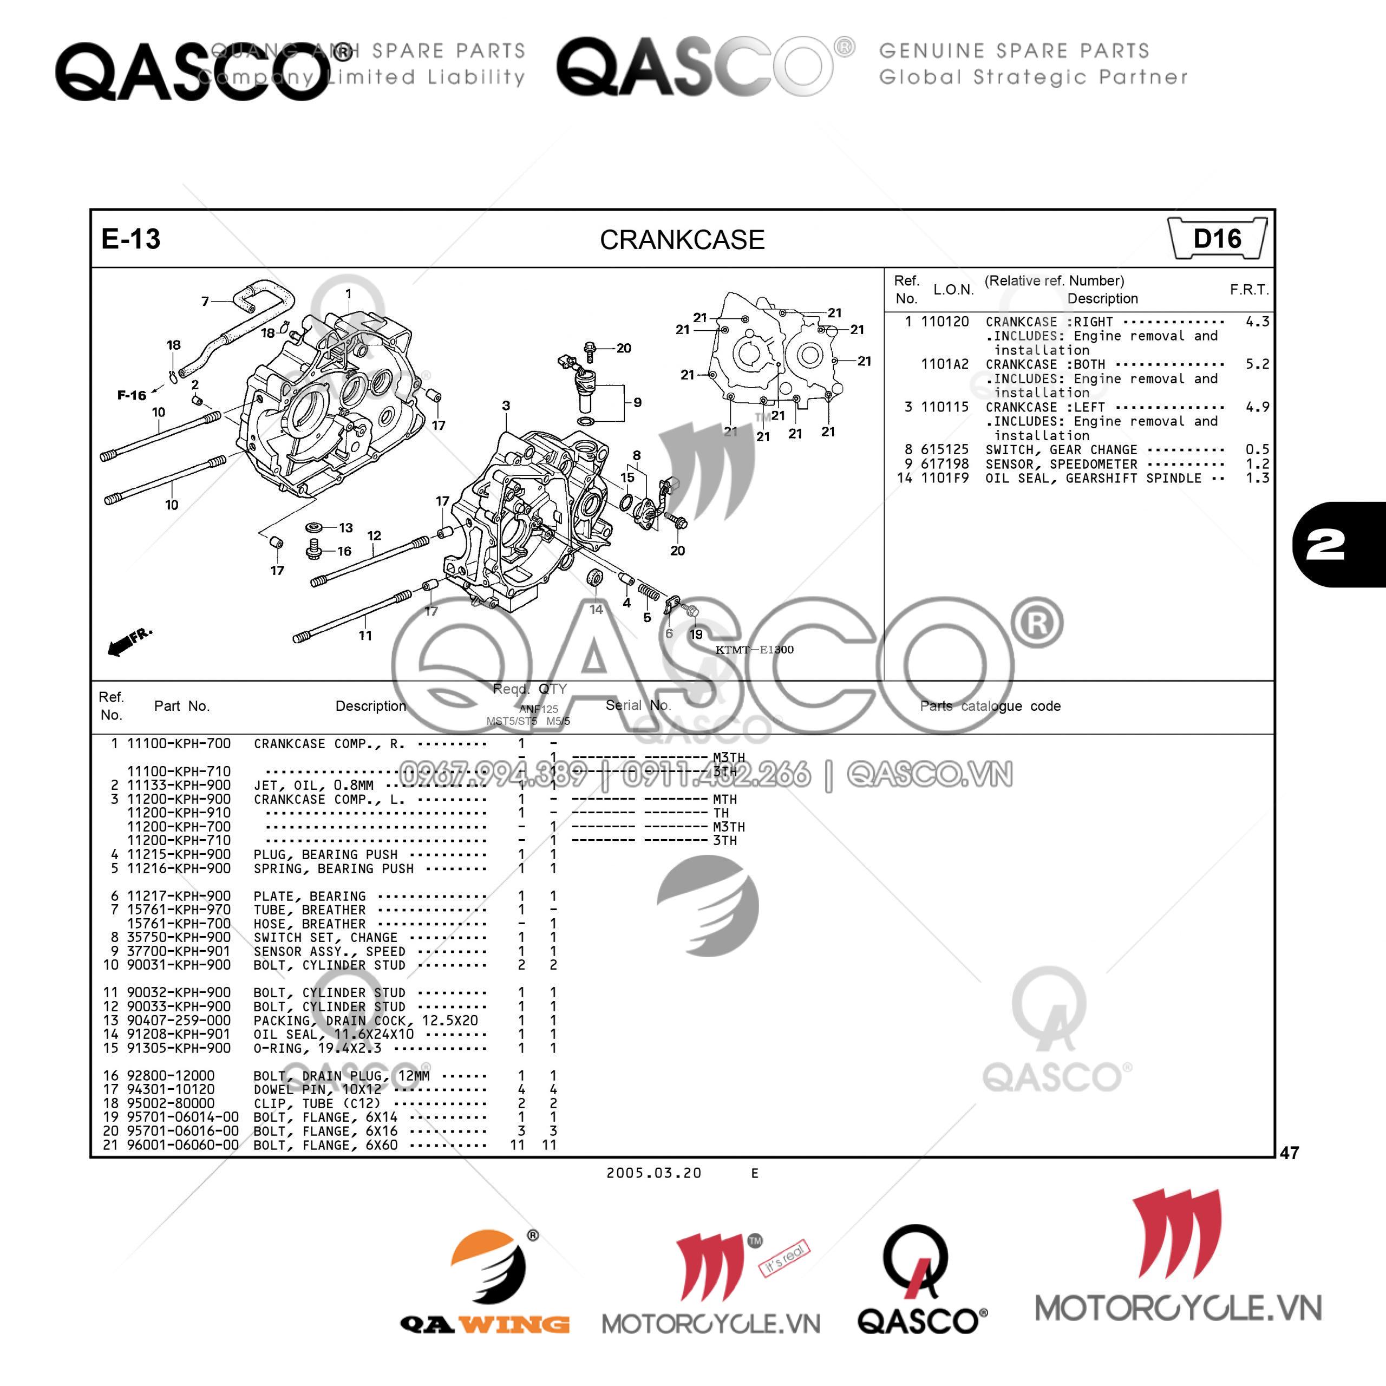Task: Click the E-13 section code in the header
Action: point(130,239)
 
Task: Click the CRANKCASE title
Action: point(682,240)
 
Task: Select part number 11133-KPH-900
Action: point(179,785)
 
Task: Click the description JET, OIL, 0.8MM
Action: point(313,785)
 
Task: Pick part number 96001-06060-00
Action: point(182,1145)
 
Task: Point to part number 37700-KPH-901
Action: point(179,951)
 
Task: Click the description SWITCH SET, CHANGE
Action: point(325,937)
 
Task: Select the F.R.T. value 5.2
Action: point(1257,364)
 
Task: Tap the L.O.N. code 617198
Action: point(944,463)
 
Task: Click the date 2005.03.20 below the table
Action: point(653,1173)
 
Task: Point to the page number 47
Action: point(1289,1153)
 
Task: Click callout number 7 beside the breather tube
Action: point(205,302)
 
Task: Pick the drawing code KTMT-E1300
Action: point(754,650)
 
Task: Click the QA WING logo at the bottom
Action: point(485,1284)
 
